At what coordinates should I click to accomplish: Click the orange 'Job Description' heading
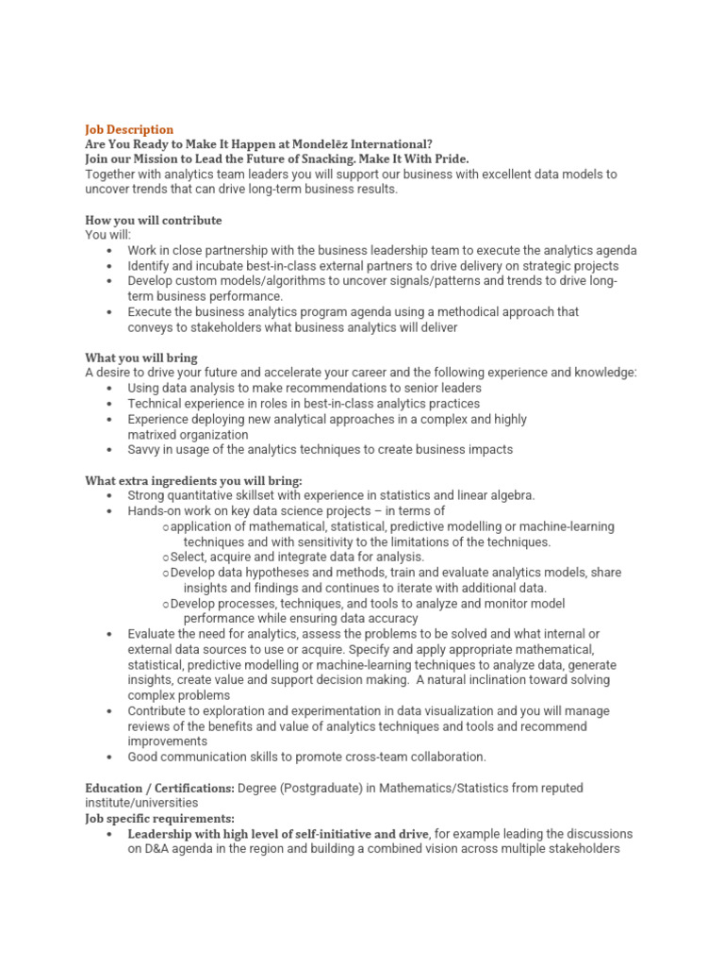(129, 129)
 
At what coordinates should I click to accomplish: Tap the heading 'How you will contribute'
(154, 220)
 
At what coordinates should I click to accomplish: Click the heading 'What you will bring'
(141, 358)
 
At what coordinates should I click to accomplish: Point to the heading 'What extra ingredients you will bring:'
(193, 480)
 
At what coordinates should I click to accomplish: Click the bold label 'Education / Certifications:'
(159, 788)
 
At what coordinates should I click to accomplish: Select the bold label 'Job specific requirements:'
(159, 818)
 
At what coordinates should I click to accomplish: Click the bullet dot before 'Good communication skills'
(110, 757)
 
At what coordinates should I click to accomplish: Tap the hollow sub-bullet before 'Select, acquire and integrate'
(165, 558)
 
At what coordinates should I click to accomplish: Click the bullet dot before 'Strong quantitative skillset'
(110, 496)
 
